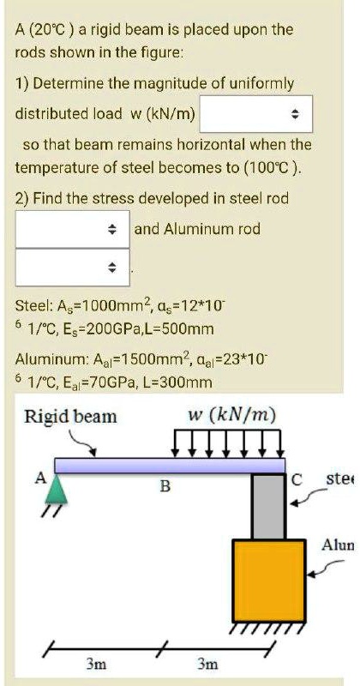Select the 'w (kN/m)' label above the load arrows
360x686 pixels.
pyautogui.click(x=232, y=415)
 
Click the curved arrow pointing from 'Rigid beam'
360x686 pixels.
pyautogui.click(x=81, y=442)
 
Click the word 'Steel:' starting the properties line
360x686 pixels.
pyautogui.click(x=35, y=304)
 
